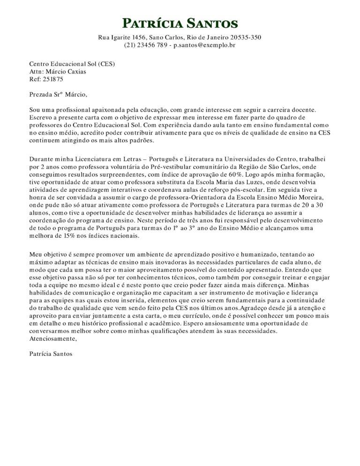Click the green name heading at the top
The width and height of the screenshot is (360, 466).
[x=180, y=23]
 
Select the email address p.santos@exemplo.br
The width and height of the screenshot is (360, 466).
[x=204, y=45]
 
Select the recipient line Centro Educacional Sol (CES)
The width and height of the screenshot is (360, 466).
[x=72, y=64]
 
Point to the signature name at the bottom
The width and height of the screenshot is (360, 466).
[x=51, y=354]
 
